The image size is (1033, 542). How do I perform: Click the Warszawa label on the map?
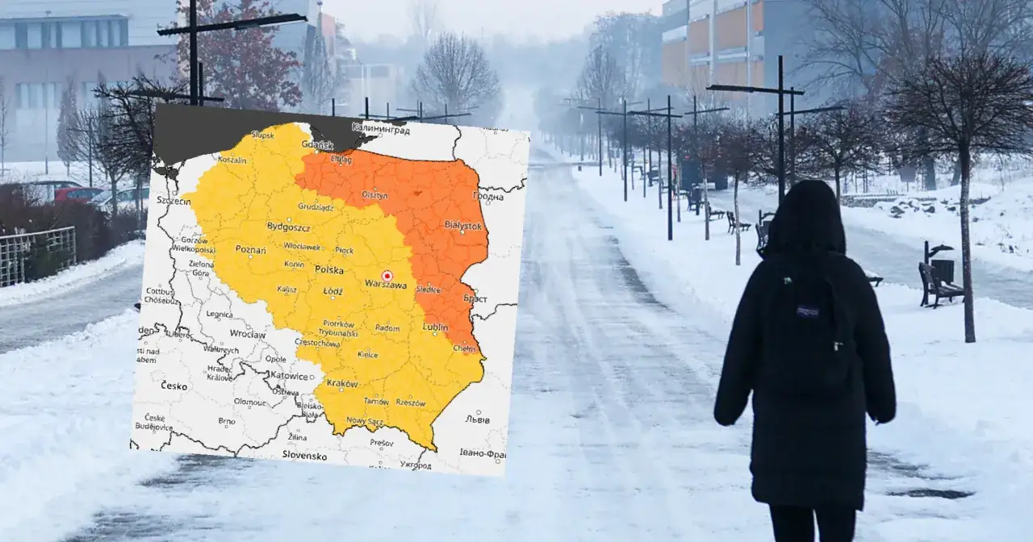click(x=386, y=285)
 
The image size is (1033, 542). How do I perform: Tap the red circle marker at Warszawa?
click(x=387, y=275)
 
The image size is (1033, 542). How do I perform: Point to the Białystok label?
click(x=462, y=226)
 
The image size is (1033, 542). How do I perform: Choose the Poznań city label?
click(x=251, y=250)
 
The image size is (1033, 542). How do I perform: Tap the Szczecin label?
click(x=174, y=200)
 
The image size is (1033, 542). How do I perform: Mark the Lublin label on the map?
click(x=436, y=327)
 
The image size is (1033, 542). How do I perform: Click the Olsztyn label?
click(x=374, y=194)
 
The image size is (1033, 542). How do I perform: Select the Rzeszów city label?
click(x=410, y=402)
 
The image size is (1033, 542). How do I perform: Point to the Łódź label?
click(x=332, y=290)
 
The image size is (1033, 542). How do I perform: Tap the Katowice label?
click(x=289, y=376)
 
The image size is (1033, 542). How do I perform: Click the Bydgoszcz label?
click(x=288, y=227)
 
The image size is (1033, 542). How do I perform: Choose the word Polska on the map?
click(x=328, y=269)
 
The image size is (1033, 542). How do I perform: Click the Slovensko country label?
click(x=304, y=455)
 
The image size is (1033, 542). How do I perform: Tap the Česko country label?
click(x=174, y=386)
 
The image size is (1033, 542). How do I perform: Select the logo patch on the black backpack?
click(x=808, y=310)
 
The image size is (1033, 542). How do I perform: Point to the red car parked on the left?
click(x=78, y=194)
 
